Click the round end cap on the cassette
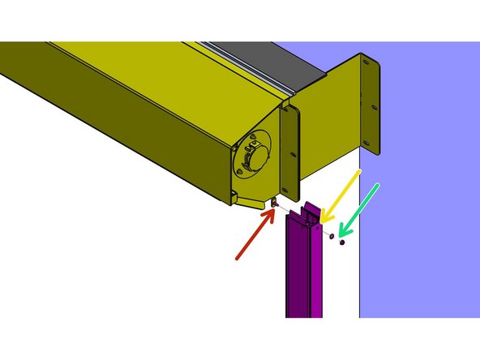pyautogui.click(x=253, y=156)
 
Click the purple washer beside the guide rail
pyautogui.click(x=332, y=236)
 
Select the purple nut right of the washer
pyautogui.click(x=343, y=242)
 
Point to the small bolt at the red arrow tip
pyautogui.click(x=275, y=205)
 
